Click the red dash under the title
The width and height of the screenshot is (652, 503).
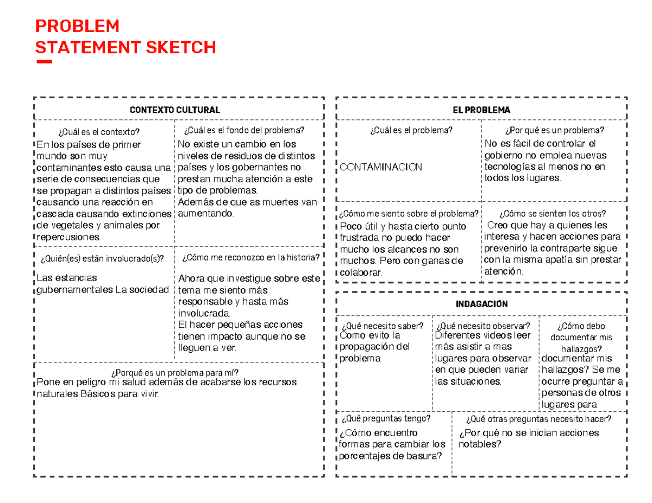point(43,62)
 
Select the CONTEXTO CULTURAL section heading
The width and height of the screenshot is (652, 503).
point(174,110)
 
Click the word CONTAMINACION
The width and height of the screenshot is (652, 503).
point(381,167)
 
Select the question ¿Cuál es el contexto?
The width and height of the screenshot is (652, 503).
point(98,131)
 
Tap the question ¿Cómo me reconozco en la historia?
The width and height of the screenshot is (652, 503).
point(251,257)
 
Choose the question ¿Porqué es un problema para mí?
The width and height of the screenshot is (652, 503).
point(174,372)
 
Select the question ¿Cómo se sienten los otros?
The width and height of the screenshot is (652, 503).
point(553,213)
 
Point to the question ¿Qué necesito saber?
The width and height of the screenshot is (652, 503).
point(383,326)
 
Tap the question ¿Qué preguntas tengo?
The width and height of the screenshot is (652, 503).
point(386,419)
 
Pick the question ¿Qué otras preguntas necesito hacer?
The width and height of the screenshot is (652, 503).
point(538,419)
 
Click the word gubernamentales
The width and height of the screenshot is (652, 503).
point(74,290)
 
